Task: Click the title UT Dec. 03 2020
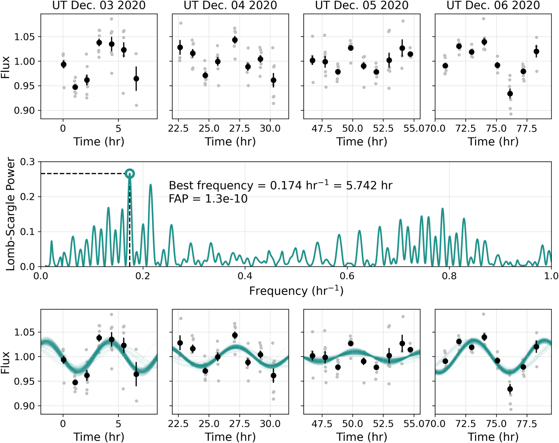click(x=99, y=5)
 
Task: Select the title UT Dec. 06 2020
click(x=493, y=5)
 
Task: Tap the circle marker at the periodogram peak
click(x=130, y=174)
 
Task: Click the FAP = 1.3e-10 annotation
click(x=208, y=199)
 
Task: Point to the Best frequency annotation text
click(x=280, y=185)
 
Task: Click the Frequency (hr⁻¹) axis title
click(x=296, y=291)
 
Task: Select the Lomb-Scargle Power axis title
click(x=10, y=214)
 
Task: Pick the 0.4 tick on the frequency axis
click(x=245, y=276)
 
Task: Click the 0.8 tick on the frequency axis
click(x=449, y=276)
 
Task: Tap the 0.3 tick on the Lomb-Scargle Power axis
click(x=28, y=162)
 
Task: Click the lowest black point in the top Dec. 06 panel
click(x=510, y=94)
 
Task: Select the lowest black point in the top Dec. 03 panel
click(x=75, y=87)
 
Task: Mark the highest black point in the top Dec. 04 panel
click(x=235, y=40)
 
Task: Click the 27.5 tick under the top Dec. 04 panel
click(x=239, y=128)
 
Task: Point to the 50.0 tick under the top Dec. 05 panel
click(x=352, y=128)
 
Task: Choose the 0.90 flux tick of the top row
click(x=24, y=111)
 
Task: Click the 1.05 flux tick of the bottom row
click(x=24, y=332)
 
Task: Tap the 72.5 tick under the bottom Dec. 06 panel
click(x=466, y=424)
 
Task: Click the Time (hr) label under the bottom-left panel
click(x=99, y=437)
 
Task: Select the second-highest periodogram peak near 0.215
click(x=151, y=185)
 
